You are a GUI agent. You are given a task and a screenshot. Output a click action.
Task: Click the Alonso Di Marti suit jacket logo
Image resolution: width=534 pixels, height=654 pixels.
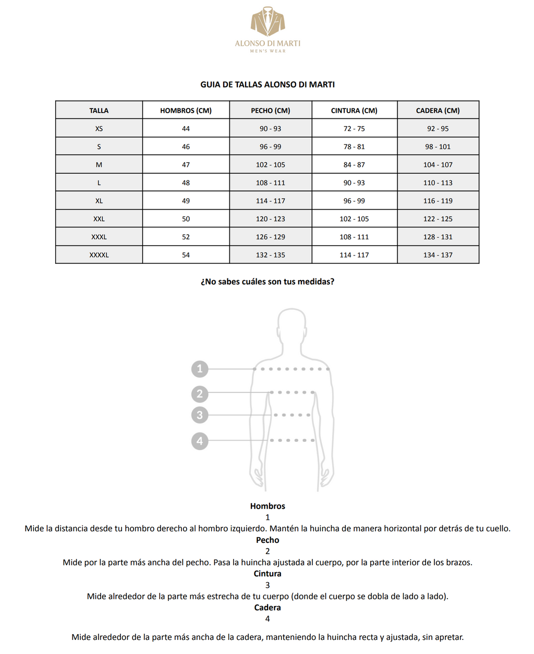coord(268,21)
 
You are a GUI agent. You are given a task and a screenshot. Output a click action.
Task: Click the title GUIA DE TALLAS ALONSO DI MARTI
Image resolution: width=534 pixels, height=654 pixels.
coord(268,84)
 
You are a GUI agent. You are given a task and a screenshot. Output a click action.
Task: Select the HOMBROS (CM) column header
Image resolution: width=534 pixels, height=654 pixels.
coord(186,111)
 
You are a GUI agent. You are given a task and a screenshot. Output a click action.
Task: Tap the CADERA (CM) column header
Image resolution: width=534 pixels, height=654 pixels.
coord(438,111)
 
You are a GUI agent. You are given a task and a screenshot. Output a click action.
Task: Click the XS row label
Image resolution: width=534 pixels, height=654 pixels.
coord(99,129)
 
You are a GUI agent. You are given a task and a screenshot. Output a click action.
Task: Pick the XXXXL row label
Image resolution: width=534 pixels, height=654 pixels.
coord(99,255)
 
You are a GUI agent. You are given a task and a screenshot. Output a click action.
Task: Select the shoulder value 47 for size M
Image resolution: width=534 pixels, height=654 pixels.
coord(186,165)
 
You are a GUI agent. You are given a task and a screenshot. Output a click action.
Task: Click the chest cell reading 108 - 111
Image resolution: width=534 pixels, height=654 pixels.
coord(270,183)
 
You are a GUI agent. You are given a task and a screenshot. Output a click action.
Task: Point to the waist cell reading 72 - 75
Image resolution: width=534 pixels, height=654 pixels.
coord(354,129)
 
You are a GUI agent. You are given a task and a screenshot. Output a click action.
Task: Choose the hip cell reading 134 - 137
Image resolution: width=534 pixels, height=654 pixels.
coord(438,255)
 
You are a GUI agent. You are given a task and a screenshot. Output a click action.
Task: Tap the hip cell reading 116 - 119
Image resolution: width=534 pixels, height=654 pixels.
coord(438,201)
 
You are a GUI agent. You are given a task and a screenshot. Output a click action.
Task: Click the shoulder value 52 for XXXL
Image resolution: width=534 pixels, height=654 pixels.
coord(186,237)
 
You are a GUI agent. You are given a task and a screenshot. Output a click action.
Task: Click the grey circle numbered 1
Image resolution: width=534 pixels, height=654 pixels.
coord(200,369)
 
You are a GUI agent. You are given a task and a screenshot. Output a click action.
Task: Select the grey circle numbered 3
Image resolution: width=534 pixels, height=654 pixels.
coord(200,415)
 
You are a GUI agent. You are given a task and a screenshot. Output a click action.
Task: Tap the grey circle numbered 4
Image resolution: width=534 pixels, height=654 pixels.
coord(200,441)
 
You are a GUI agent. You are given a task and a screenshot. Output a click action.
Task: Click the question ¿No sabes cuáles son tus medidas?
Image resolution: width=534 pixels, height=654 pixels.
coord(268,282)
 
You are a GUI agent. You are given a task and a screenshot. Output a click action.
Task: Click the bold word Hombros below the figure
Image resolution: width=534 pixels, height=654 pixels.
coord(268,506)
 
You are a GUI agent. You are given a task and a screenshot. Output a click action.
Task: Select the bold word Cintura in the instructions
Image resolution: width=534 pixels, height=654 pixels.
coord(268,574)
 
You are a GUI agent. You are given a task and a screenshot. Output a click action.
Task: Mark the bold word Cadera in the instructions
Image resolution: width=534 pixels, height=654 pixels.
coord(268,608)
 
